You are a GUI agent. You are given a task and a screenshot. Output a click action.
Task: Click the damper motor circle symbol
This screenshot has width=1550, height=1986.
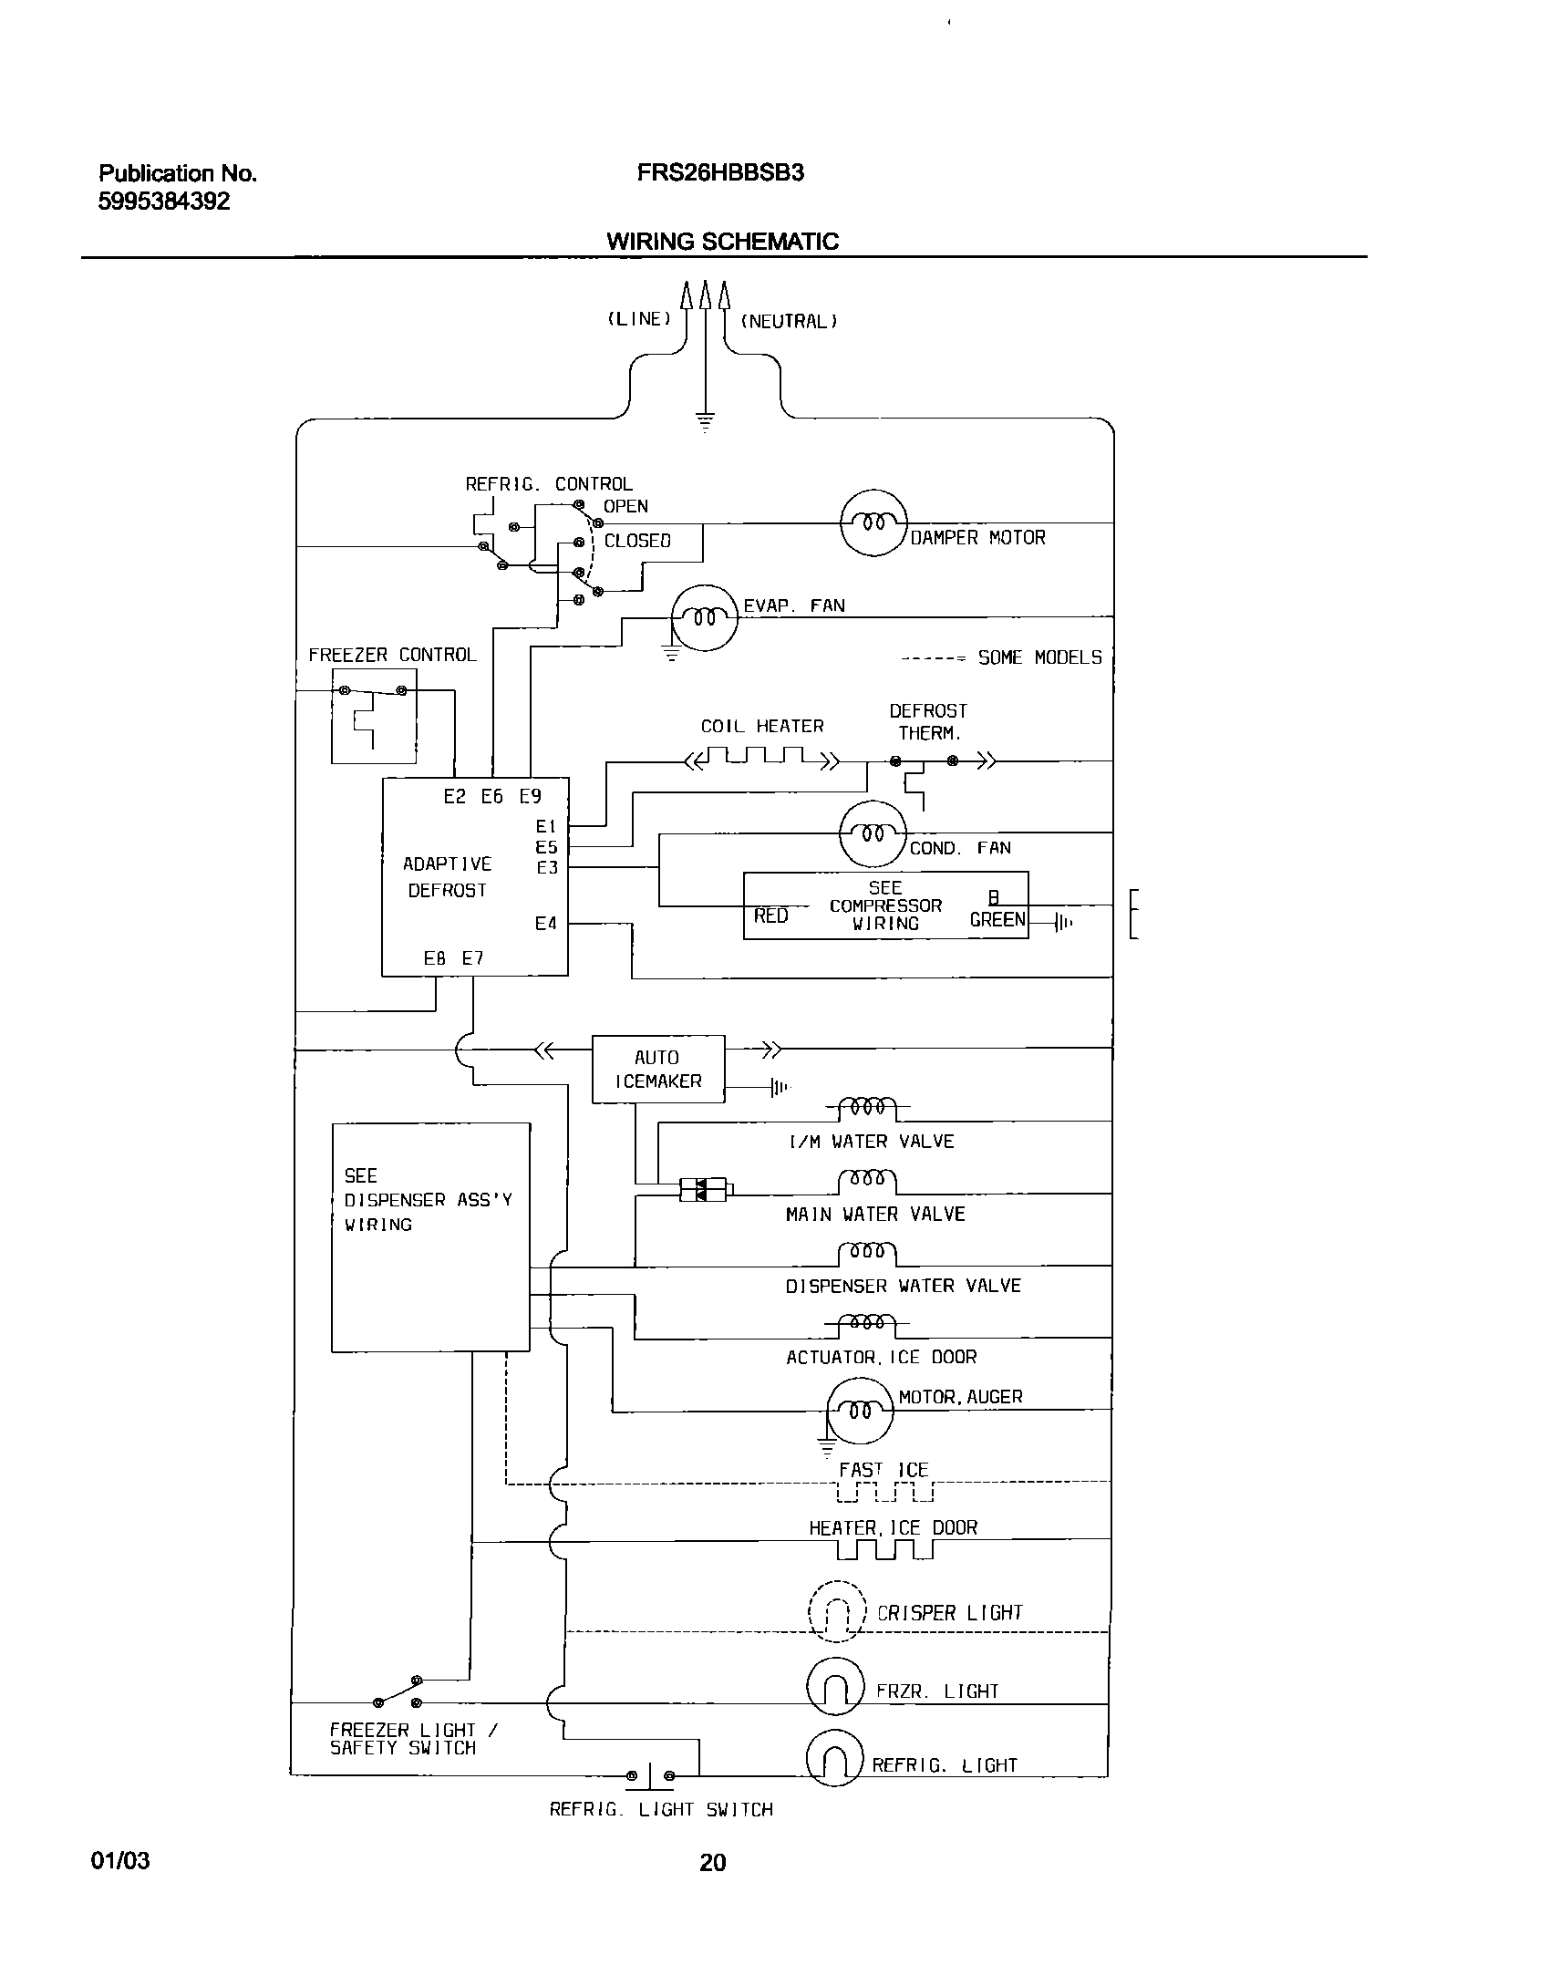[x=873, y=522]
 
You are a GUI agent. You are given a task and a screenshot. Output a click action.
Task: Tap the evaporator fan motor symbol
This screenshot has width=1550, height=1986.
[x=704, y=617]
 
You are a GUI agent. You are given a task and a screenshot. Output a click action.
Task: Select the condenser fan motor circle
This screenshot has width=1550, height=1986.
[x=873, y=833]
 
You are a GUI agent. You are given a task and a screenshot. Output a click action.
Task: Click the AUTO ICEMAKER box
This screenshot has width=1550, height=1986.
[x=658, y=1069]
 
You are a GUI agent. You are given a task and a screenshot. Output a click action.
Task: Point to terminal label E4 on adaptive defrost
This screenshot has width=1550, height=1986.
[x=545, y=924]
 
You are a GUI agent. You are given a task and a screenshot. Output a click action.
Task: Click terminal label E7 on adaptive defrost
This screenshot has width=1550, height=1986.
[x=472, y=958]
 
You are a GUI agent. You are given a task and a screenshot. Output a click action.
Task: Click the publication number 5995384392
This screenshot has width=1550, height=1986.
[x=164, y=202]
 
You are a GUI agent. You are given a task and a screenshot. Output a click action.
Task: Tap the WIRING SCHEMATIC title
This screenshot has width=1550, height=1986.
[x=722, y=242]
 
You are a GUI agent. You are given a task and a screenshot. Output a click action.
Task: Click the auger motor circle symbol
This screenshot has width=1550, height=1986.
[x=860, y=1411]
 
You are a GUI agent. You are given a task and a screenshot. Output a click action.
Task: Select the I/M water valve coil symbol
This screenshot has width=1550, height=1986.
[x=867, y=1109]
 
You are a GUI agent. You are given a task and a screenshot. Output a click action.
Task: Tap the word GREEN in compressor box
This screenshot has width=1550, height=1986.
[x=997, y=920]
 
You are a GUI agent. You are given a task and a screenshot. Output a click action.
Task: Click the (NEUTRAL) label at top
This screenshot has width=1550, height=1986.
[x=790, y=321]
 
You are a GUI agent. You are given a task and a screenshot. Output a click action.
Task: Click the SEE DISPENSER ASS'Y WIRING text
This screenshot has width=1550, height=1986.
[x=428, y=1200]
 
